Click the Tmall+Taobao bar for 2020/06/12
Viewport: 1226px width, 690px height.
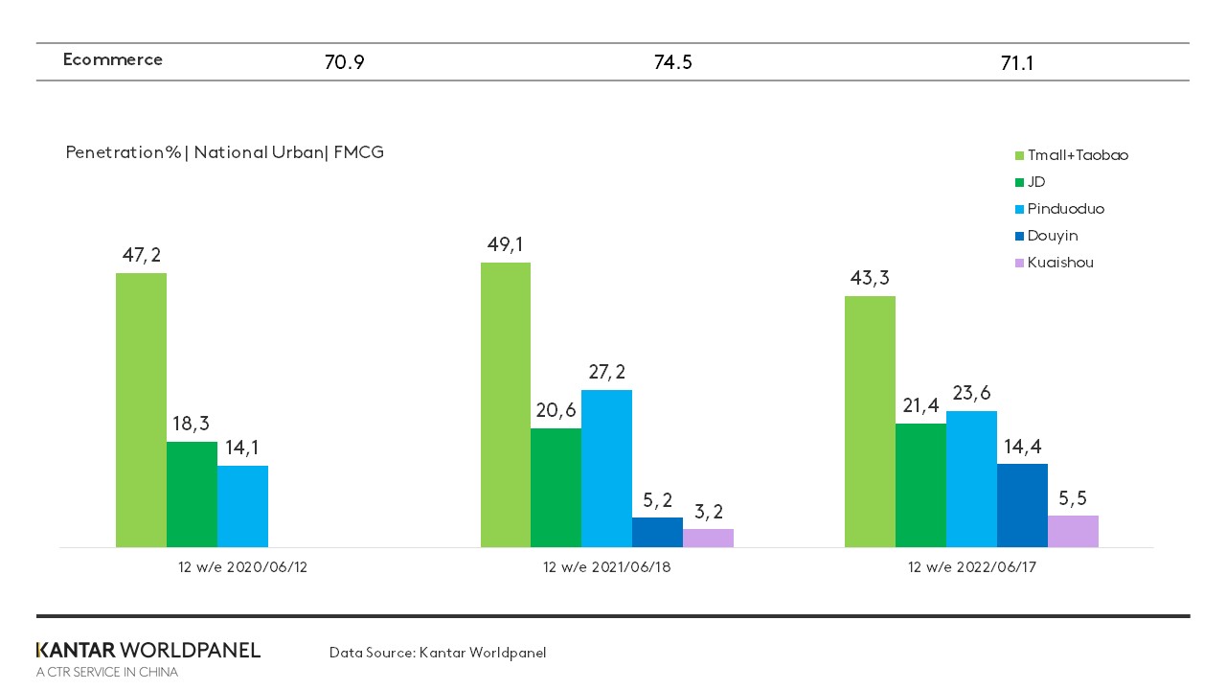(x=141, y=410)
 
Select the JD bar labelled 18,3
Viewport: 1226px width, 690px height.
(x=192, y=494)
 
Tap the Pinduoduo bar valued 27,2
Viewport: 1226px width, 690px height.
(x=606, y=469)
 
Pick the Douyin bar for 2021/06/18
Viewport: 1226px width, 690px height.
(x=657, y=533)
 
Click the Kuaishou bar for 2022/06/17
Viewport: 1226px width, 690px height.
(x=1073, y=532)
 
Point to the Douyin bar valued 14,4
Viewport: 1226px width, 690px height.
(x=1022, y=506)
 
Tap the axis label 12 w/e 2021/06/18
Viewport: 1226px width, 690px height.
(x=606, y=567)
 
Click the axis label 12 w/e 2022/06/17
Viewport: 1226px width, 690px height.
(x=971, y=567)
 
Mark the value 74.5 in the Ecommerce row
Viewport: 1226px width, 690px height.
(x=672, y=63)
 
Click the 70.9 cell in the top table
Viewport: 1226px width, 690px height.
(x=345, y=64)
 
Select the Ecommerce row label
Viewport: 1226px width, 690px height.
(x=112, y=59)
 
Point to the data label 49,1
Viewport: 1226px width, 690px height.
(x=505, y=245)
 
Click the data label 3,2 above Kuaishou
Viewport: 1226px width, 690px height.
(x=708, y=512)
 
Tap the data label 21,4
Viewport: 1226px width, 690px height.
(x=920, y=405)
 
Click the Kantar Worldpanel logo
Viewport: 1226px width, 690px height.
(x=148, y=651)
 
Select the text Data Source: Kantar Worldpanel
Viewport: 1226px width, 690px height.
(x=438, y=653)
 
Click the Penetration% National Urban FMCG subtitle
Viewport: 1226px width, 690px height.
(x=224, y=152)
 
